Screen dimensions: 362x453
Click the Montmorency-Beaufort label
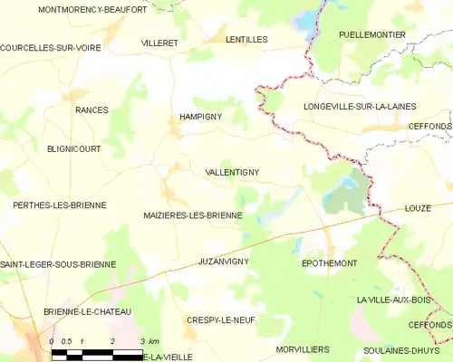pos(92,9)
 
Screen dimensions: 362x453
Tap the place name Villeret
pos(159,43)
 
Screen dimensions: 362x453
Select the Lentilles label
pos(247,40)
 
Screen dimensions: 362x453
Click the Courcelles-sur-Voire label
pos(51,48)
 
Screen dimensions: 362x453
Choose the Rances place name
pos(92,110)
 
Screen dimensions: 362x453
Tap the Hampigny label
pos(200,117)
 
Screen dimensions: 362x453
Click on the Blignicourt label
pos(74,148)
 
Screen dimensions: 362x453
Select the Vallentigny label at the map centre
pos(233,172)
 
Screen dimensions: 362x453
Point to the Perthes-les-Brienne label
pos(59,205)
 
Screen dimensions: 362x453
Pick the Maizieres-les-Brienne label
pos(193,215)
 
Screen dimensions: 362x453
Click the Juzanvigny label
pos(223,261)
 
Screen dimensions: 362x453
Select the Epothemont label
pos(329,263)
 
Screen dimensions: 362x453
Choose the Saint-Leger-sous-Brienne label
pos(58,264)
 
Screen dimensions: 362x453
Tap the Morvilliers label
pos(304,348)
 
